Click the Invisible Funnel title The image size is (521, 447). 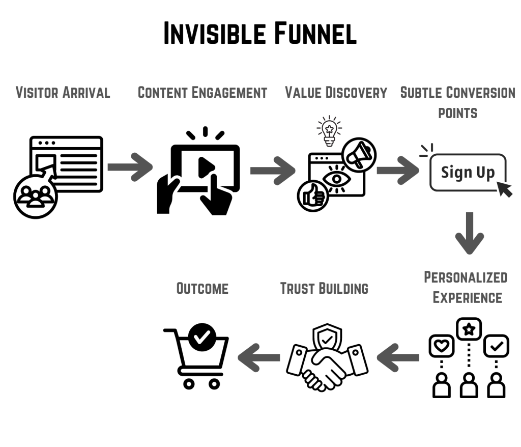click(260, 34)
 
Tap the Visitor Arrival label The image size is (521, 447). click(63, 93)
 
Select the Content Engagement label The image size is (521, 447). click(202, 93)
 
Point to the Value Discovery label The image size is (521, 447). click(336, 93)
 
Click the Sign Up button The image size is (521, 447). click(468, 172)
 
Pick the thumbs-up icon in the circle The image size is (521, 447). click(313, 196)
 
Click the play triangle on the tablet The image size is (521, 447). click(206, 166)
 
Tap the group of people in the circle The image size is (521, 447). click(36, 197)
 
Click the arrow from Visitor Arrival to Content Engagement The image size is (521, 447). click(130, 166)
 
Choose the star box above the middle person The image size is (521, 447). click(469, 329)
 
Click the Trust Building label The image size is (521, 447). click(324, 288)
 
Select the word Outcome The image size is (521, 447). click(202, 288)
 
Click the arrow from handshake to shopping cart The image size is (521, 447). click(259, 357)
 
